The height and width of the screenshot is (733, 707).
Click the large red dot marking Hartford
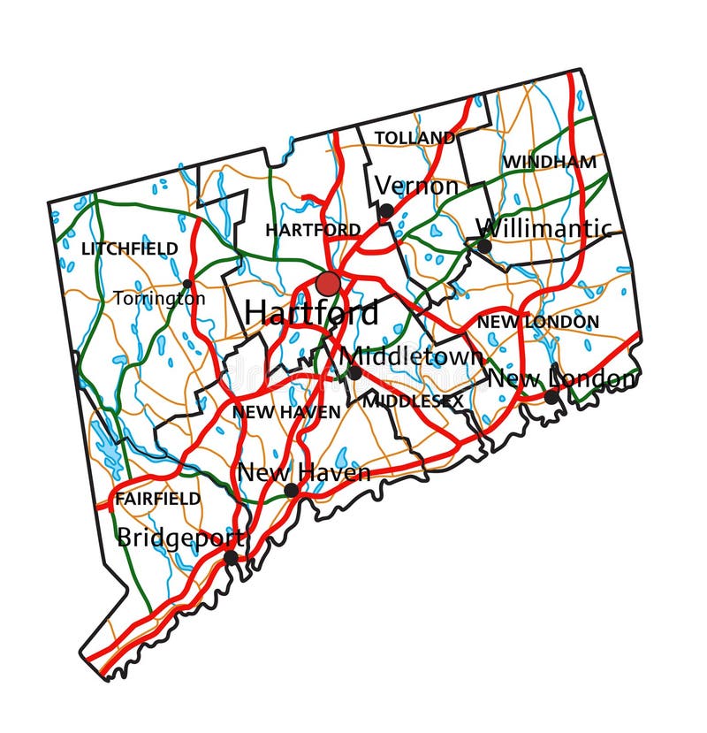pyautogui.click(x=328, y=284)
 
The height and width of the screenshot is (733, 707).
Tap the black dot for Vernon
pyautogui.click(x=386, y=211)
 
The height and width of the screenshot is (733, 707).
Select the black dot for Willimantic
pyautogui.click(x=484, y=245)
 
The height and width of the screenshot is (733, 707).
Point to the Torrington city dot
pyautogui.click(x=187, y=285)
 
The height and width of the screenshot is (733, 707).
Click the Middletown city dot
pyautogui.click(x=354, y=373)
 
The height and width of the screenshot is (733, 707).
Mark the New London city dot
pyautogui.click(x=551, y=397)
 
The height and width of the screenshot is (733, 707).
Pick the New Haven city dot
pyautogui.click(x=291, y=491)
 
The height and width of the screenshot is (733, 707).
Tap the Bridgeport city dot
pyautogui.click(x=231, y=557)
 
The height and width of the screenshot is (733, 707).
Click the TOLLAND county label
pyautogui.click(x=414, y=138)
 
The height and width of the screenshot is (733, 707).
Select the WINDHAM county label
pyautogui.click(x=549, y=162)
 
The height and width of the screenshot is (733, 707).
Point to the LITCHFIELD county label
pyautogui.click(x=129, y=249)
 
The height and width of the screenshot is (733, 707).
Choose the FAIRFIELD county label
pyautogui.click(x=157, y=499)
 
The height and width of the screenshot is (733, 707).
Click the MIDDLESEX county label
pyautogui.click(x=414, y=401)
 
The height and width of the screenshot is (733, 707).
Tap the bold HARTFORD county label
pyautogui.click(x=313, y=230)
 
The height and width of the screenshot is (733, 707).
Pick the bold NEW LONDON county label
pyautogui.click(x=537, y=322)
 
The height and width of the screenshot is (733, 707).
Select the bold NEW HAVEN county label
pyautogui.click(x=286, y=412)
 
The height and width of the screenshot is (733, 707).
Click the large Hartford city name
pyautogui.click(x=311, y=312)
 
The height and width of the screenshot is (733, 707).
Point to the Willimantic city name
pyautogui.click(x=544, y=228)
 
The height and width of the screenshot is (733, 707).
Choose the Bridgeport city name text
pyautogui.click(x=180, y=537)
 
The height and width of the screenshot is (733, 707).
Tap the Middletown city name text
pyautogui.click(x=412, y=355)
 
